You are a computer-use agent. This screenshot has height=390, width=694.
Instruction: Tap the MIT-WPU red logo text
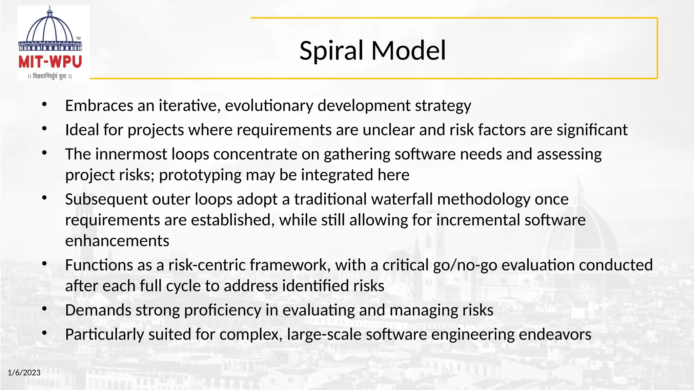pyautogui.click(x=50, y=62)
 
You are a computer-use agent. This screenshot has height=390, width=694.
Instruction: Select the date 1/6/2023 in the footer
pyautogui.click(x=24, y=373)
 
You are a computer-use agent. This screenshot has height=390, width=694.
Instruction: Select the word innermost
pyautogui.click(x=131, y=154)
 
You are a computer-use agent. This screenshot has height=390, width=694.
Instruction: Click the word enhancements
pyautogui.click(x=117, y=241)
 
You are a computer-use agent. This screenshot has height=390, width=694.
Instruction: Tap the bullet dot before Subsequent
pyautogui.click(x=44, y=198)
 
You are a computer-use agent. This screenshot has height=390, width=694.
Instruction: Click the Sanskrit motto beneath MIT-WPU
pyautogui.click(x=50, y=77)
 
